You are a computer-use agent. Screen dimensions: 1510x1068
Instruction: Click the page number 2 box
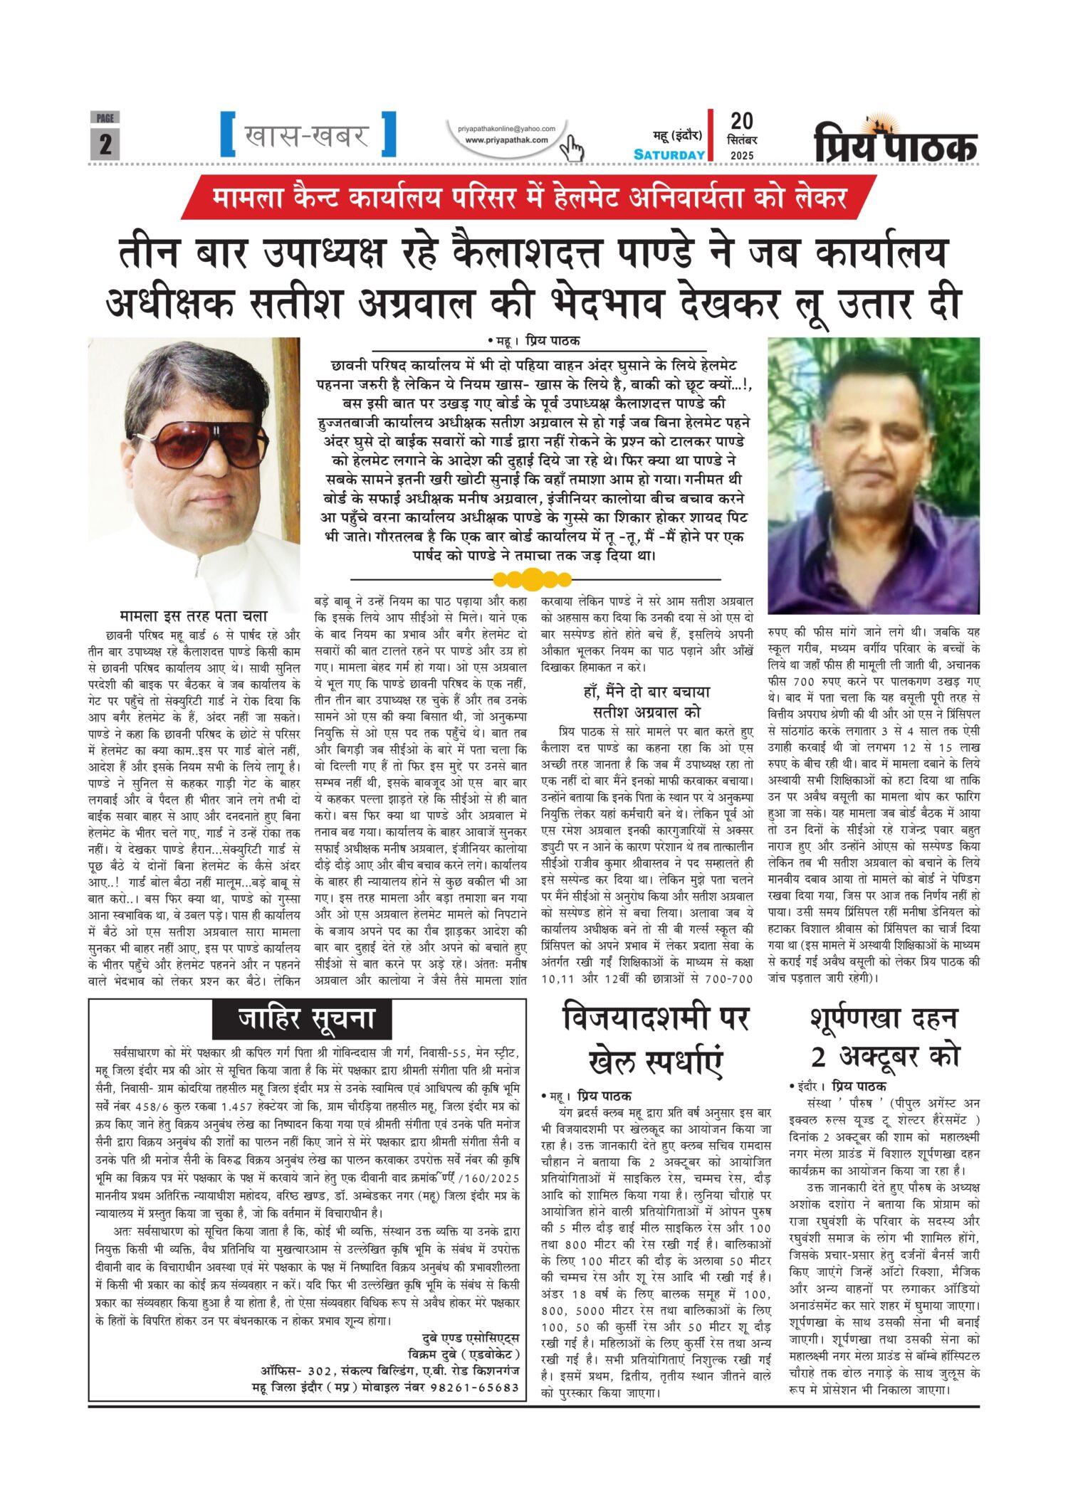click(x=105, y=144)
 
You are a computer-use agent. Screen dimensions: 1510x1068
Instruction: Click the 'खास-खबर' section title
click(x=307, y=135)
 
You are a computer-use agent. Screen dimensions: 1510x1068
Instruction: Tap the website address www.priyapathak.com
click(x=506, y=140)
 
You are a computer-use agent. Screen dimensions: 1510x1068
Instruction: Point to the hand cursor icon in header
click(x=571, y=148)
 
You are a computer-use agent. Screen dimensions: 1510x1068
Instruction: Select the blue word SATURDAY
click(x=669, y=155)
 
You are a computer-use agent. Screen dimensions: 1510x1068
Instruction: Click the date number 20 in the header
click(x=741, y=121)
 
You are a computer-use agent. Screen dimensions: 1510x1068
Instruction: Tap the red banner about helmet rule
click(x=528, y=197)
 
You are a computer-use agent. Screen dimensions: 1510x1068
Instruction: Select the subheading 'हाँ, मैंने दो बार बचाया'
click(x=646, y=692)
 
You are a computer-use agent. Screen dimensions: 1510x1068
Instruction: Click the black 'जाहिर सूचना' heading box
click(x=303, y=1019)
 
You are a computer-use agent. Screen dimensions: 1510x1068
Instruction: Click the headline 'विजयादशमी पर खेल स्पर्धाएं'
click(x=655, y=1040)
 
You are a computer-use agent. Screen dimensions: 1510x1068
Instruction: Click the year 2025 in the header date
click(x=741, y=155)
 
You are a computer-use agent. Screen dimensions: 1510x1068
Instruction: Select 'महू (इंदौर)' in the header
click(x=677, y=135)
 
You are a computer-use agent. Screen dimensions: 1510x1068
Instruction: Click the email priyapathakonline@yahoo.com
click(x=506, y=129)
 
